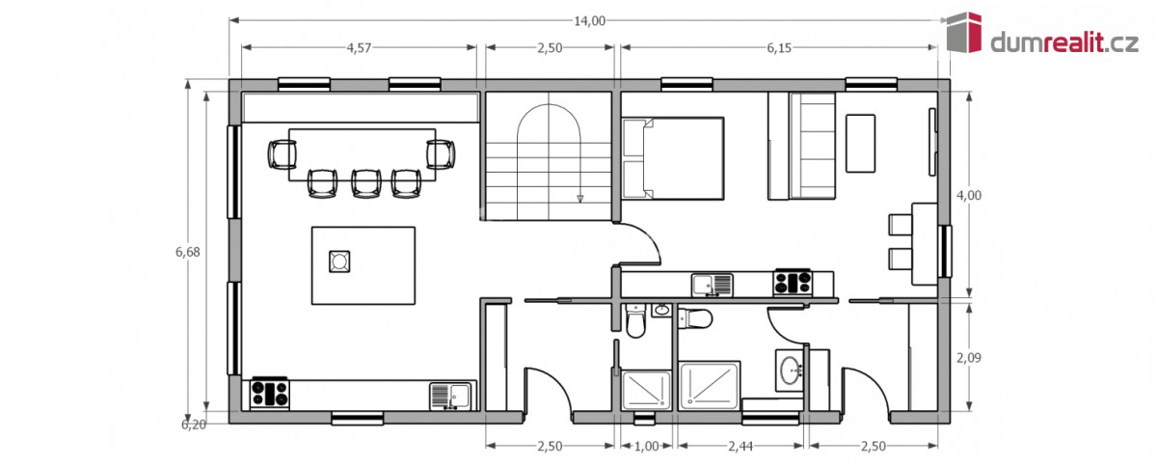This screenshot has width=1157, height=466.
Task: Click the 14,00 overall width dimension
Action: pyautogui.click(x=589, y=20)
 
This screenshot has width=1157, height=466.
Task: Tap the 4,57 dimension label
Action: pyautogui.click(x=359, y=48)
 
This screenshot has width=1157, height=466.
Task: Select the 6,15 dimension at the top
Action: pyautogui.click(x=779, y=48)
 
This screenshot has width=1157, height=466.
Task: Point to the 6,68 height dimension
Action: pyautogui.click(x=187, y=252)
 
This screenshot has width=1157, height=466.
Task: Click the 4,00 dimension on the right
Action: pyautogui.click(x=969, y=195)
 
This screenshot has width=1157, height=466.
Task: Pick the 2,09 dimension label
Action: pyautogui.click(x=969, y=358)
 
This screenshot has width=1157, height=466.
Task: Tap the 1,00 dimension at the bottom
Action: pyautogui.click(x=646, y=446)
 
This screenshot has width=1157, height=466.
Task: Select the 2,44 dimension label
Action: pyautogui.click(x=740, y=446)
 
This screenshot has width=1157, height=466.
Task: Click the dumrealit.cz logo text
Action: pyautogui.click(x=1064, y=42)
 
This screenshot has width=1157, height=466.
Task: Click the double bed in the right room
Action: pyautogui.click(x=673, y=158)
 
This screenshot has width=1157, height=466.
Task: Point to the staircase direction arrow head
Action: pyautogui.click(x=580, y=199)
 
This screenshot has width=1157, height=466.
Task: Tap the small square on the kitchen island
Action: pyautogui.click(x=339, y=261)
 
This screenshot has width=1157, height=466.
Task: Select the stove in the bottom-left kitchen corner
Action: pyautogui.click(x=270, y=394)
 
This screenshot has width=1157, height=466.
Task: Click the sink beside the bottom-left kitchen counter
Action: pyautogui.click(x=450, y=397)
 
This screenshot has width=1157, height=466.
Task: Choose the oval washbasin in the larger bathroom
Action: pyautogui.click(x=791, y=370)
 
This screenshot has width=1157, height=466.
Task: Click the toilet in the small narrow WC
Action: pyautogui.click(x=635, y=320)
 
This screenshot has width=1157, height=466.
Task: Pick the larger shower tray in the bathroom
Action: pyautogui.click(x=710, y=385)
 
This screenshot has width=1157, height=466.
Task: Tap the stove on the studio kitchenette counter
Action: pyautogui.click(x=793, y=283)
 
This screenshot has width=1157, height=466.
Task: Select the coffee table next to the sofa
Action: pyautogui.click(x=860, y=143)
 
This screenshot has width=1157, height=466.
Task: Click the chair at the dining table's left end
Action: pyautogui.click(x=282, y=154)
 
